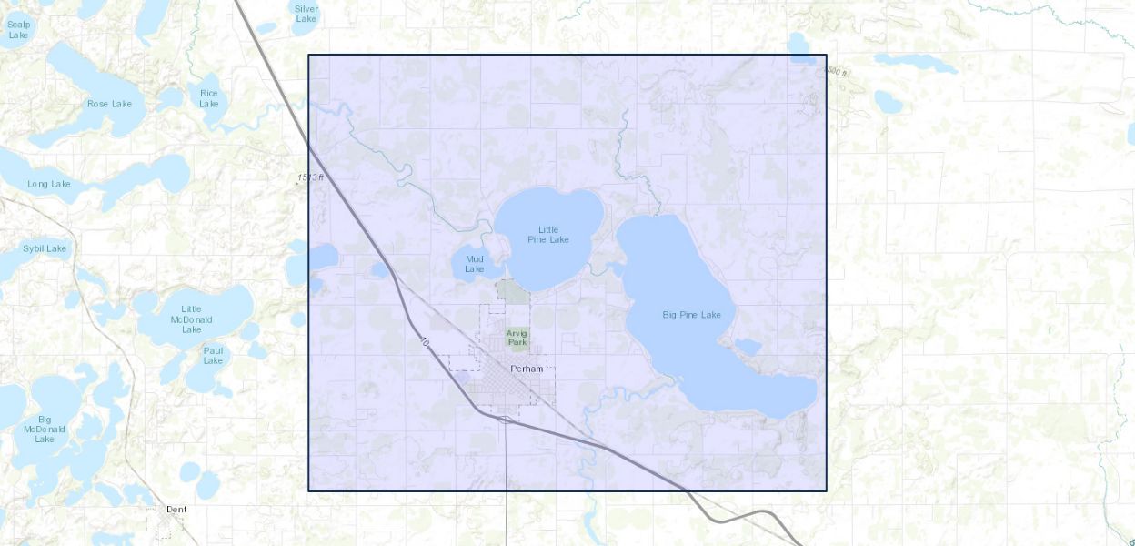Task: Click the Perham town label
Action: click(x=527, y=369)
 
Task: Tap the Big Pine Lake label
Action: click(x=691, y=315)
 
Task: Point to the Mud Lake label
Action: click(x=475, y=264)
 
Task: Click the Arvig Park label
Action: click(x=517, y=338)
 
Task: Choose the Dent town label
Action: click(x=176, y=510)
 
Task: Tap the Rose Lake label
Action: click(x=109, y=104)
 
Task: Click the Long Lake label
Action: click(x=48, y=184)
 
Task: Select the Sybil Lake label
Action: click(x=45, y=248)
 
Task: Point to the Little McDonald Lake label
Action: click(x=191, y=319)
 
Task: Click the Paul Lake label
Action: click(x=213, y=355)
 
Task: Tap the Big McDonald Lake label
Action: click(x=44, y=429)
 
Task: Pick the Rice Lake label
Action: click(x=209, y=98)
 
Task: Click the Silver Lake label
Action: click(x=306, y=13)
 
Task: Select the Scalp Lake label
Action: click(x=18, y=29)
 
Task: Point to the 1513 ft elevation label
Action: click(x=309, y=177)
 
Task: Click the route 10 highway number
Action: click(x=424, y=342)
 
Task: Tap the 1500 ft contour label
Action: click(x=835, y=71)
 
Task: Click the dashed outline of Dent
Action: click(x=147, y=521)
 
